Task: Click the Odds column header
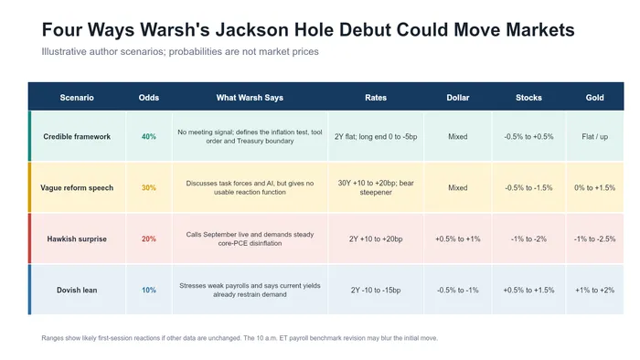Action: click(148, 98)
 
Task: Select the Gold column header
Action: click(594, 98)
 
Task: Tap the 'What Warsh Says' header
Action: click(250, 98)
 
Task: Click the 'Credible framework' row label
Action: click(77, 136)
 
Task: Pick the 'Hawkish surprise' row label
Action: click(77, 238)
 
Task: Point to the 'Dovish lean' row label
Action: click(77, 291)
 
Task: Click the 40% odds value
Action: click(148, 136)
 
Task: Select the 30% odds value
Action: click(148, 188)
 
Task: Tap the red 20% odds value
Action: click(148, 238)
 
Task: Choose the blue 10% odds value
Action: click(148, 291)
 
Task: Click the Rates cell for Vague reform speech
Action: click(376, 187)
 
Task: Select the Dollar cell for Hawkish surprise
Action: click(457, 238)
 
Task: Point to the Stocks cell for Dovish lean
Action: click(528, 291)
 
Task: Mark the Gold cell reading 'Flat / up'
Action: click(594, 136)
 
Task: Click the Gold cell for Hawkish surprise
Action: click(594, 238)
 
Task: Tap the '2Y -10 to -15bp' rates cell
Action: click(376, 291)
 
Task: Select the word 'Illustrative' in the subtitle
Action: click(64, 52)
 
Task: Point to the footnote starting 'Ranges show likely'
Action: click(240, 338)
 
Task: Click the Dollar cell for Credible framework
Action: click(457, 136)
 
